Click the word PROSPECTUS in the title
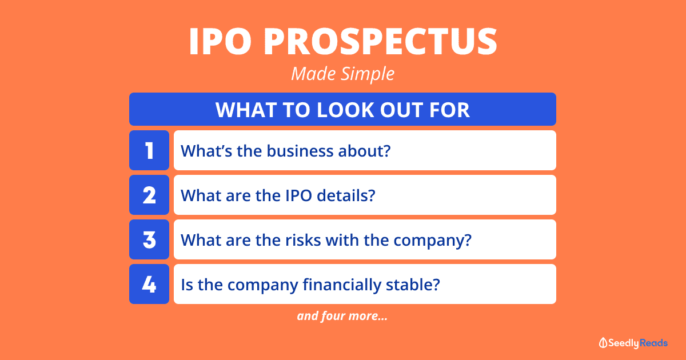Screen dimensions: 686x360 (381, 41)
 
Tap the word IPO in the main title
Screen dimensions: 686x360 (220, 41)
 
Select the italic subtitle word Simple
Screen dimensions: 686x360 (368, 74)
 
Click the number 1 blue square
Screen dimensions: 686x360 (149, 150)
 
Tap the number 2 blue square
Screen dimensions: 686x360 (149, 195)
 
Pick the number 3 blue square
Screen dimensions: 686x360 (149, 239)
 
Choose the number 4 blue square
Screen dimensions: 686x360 (149, 284)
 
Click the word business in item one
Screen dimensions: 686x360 (300, 151)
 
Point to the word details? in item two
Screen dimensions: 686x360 (346, 195)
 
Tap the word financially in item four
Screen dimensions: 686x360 (342, 285)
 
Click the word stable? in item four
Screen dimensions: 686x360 (413, 285)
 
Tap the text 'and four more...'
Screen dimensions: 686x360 (342, 316)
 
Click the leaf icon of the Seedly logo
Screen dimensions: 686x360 (603, 343)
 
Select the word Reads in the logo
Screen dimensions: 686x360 (653, 343)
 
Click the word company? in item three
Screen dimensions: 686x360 (432, 241)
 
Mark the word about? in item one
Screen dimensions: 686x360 (365, 151)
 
